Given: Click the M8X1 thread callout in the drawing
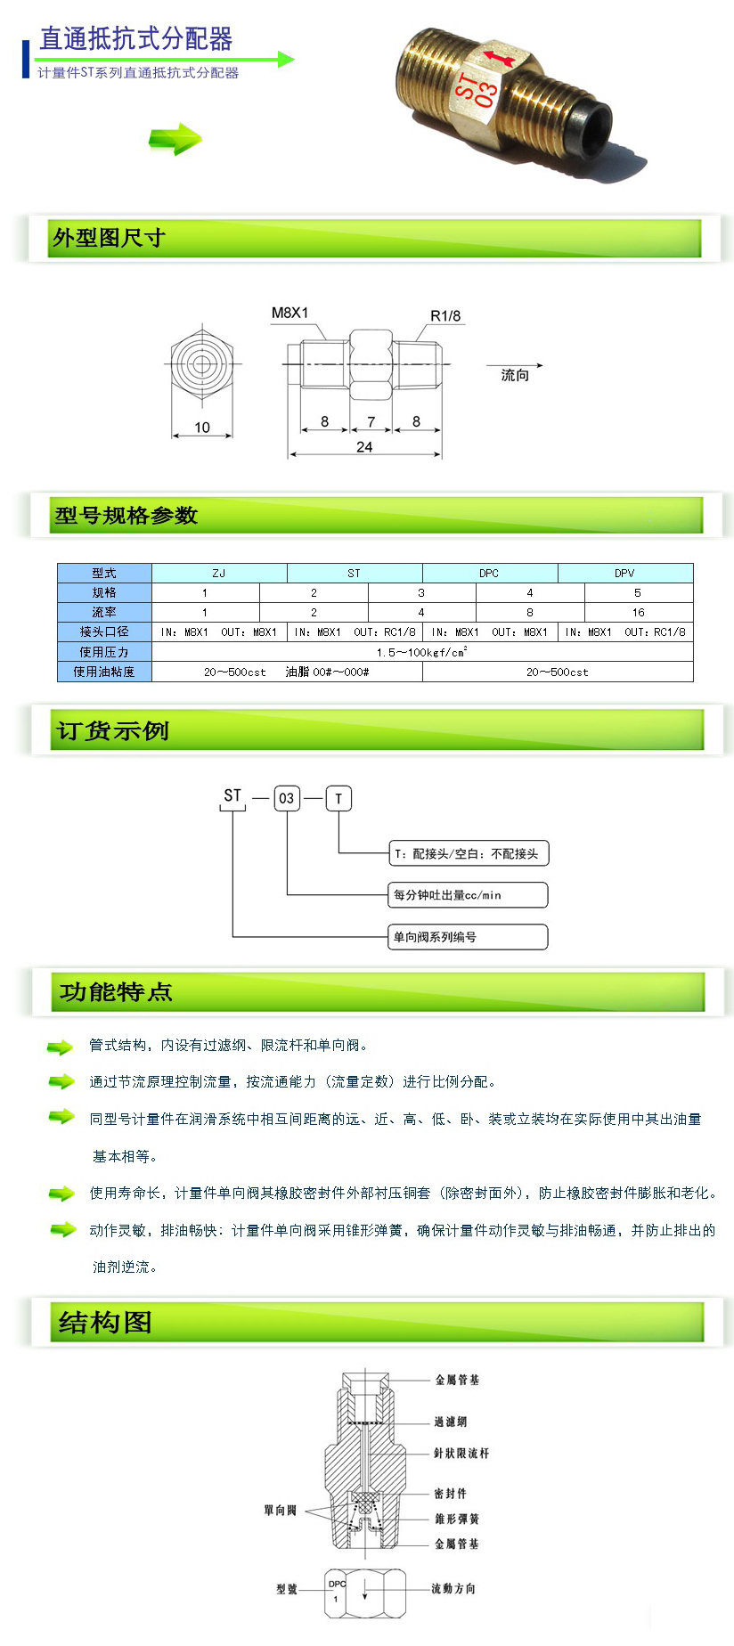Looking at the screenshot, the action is [x=290, y=313].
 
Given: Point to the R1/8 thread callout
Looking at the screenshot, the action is [x=445, y=316].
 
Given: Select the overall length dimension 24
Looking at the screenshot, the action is [x=364, y=447].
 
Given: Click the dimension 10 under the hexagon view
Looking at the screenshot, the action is [x=202, y=428].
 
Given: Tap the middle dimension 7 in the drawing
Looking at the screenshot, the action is [x=371, y=422].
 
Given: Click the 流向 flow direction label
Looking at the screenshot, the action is [x=515, y=376].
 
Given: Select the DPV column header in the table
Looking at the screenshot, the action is [x=625, y=573].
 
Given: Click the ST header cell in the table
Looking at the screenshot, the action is [x=355, y=573].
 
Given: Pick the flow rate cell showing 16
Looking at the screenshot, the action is [x=639, y=612].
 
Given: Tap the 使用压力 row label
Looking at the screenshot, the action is [x=104, y=652].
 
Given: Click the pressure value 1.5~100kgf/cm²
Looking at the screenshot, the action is [x=422, y=652].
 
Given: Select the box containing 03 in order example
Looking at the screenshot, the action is [x=287, y=798].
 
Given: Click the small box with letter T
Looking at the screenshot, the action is [x=338, y=798].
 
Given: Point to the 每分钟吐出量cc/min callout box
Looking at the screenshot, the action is [x=468, y=895].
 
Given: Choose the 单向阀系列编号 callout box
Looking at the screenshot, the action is [x=468, y=937].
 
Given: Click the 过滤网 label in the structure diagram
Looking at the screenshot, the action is [x=451, y=1422].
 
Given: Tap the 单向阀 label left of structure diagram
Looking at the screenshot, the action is [x=281, y=1511].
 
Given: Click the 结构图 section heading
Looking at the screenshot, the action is [x=105, y=1323].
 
